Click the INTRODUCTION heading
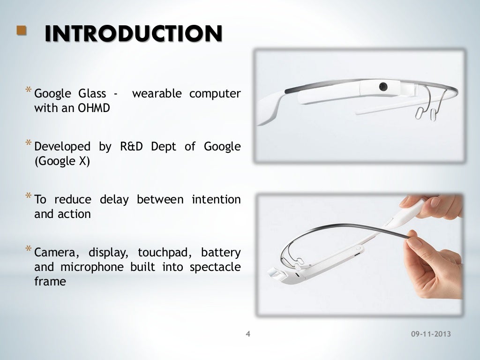tap(133, 34)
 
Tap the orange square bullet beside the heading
tap(21, 31)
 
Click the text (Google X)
tap(62, 161)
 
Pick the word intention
tap(216, 199)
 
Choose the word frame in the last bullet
tap(50, 282)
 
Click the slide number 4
tap(248, 334)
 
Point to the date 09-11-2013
tap(430, 334)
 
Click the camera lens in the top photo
tap(383, 86)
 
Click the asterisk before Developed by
tap(29, 143)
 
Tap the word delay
tap(114, 199)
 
